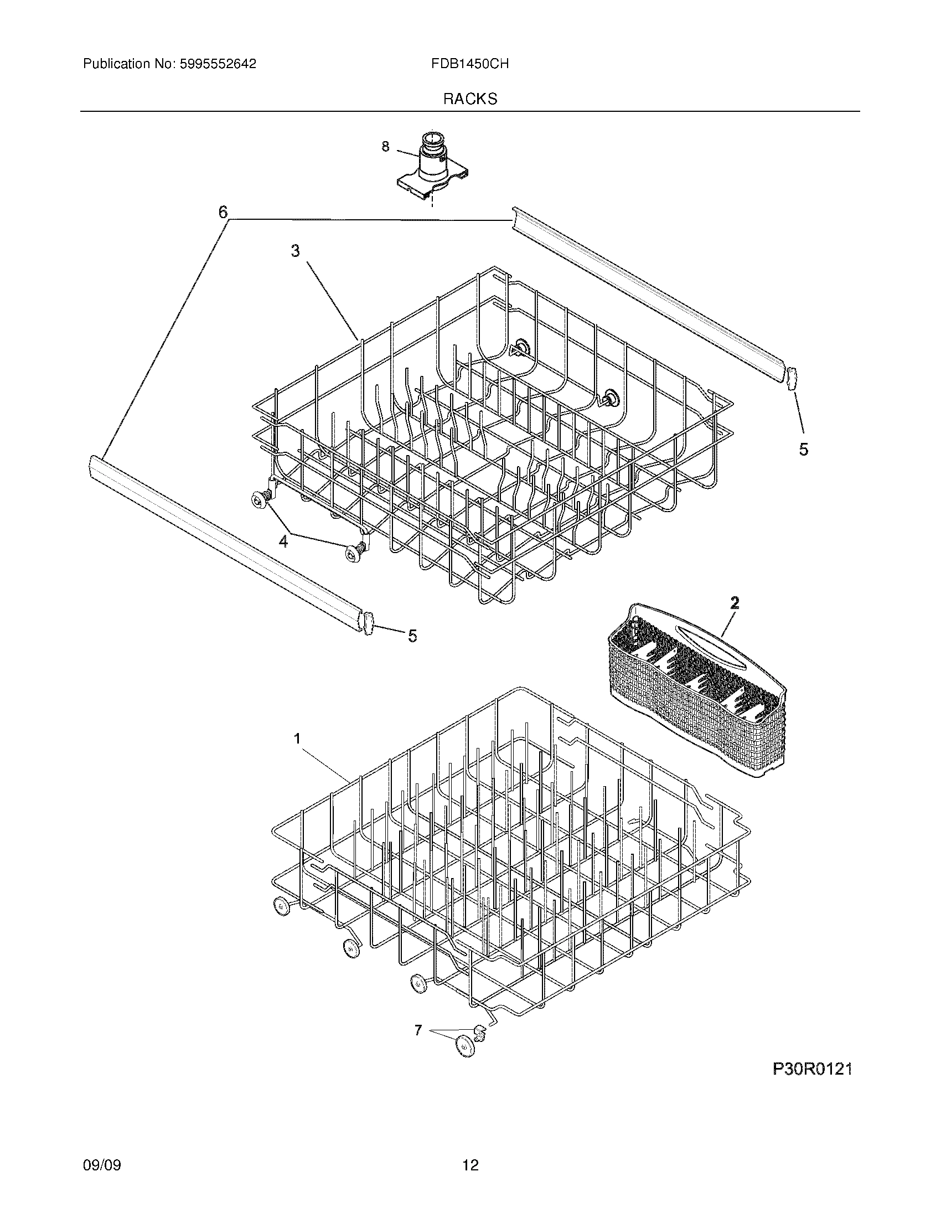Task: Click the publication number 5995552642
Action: click(218, 64)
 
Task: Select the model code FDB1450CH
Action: click(469, 64)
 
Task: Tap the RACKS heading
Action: click(470, 99)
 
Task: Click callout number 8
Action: click(385, 147)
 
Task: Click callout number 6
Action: click(223, 212)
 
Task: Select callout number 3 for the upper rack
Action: click(295, 251)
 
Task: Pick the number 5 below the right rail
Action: click(803, 449)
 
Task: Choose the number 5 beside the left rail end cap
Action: click(412, 636)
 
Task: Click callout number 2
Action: click(735, 602)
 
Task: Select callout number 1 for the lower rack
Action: click(297, 739)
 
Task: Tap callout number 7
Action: click(418, 1030)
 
